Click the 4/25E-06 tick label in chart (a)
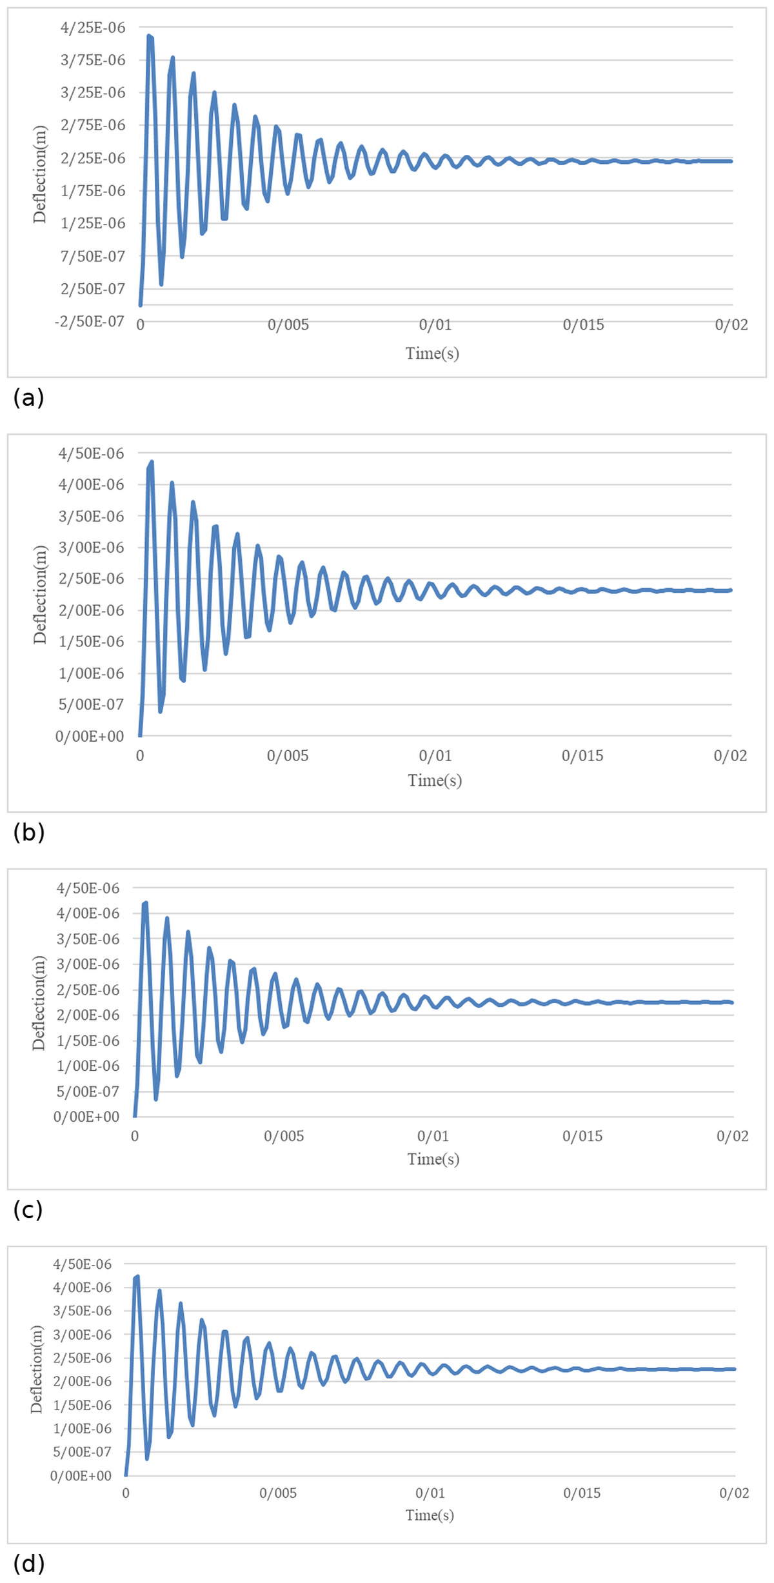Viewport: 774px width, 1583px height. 93,28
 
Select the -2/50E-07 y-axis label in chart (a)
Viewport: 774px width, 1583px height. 89,321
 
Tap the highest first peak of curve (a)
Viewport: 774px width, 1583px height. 150,36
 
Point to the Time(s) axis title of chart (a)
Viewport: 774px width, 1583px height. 432,353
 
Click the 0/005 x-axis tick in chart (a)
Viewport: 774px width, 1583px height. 288,324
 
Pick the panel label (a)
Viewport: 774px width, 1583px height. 28,398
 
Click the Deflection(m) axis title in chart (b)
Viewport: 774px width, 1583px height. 40,595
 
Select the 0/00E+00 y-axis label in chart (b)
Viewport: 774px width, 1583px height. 90,737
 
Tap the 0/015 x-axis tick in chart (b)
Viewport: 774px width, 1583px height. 582,756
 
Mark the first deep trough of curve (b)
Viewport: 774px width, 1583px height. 161,711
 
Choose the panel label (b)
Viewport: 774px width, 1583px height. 29,833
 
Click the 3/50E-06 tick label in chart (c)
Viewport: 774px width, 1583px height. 88,939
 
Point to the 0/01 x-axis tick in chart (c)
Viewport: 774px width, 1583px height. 433,1136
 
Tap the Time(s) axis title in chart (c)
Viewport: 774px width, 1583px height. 433,1159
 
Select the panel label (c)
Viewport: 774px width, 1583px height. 28,1211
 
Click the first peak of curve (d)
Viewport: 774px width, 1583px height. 137,1277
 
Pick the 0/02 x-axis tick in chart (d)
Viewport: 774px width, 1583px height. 735,1493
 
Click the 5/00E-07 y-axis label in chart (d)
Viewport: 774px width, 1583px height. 83,1452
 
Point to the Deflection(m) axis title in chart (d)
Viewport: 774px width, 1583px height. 37,1369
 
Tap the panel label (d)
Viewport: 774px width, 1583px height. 29,1564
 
